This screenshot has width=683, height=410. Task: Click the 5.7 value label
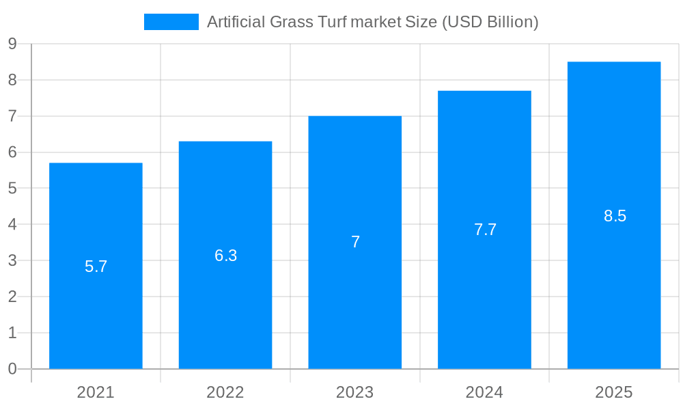(96, 266)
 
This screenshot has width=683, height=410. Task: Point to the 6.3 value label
(226, 256)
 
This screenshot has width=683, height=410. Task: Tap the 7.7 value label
(486, 230)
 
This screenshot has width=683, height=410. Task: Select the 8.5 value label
(615, 216)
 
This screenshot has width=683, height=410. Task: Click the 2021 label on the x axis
(96, 392)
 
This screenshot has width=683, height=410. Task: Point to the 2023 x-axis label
(355, 392)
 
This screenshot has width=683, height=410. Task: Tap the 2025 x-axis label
(614, 392)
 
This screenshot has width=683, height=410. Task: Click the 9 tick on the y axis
(12, 44)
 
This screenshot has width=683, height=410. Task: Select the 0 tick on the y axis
(12, 369)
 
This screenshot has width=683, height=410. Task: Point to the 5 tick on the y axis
(12, 189)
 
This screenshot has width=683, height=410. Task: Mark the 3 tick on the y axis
(12, 260)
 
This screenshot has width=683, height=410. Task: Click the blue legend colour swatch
(171, 22)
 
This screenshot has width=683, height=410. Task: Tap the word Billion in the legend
(510, 22)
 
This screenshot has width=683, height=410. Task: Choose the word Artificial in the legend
(236, 22)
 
